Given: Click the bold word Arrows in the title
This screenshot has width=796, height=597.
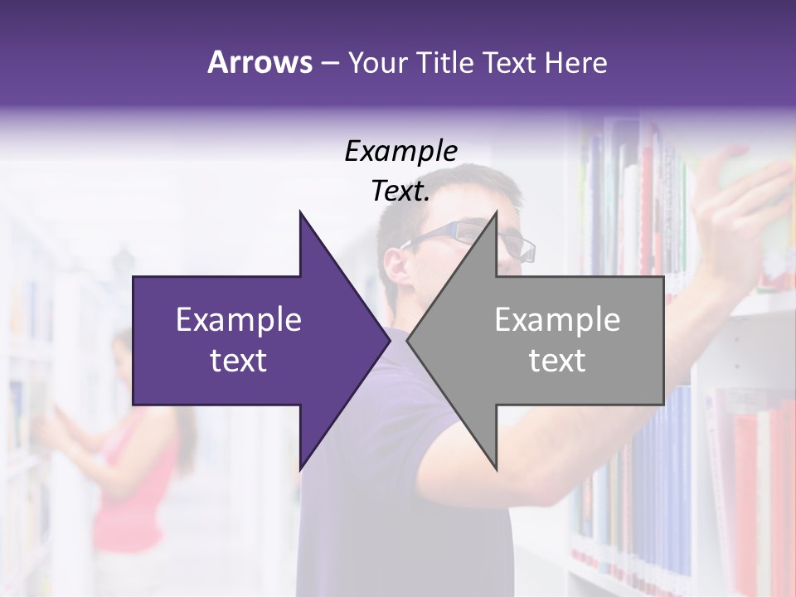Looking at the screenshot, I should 260,62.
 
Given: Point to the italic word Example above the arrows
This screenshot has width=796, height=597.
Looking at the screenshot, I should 400,152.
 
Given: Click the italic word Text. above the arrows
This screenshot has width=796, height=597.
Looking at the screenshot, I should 400,192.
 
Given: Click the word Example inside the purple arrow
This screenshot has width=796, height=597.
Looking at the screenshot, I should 239,320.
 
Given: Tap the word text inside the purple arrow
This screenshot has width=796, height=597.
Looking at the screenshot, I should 239,361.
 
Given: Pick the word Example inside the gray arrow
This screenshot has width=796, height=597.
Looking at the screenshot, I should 557,320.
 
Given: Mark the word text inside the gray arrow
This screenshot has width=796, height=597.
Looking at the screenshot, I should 557,361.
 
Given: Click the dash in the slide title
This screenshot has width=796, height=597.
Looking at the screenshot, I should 328,63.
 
